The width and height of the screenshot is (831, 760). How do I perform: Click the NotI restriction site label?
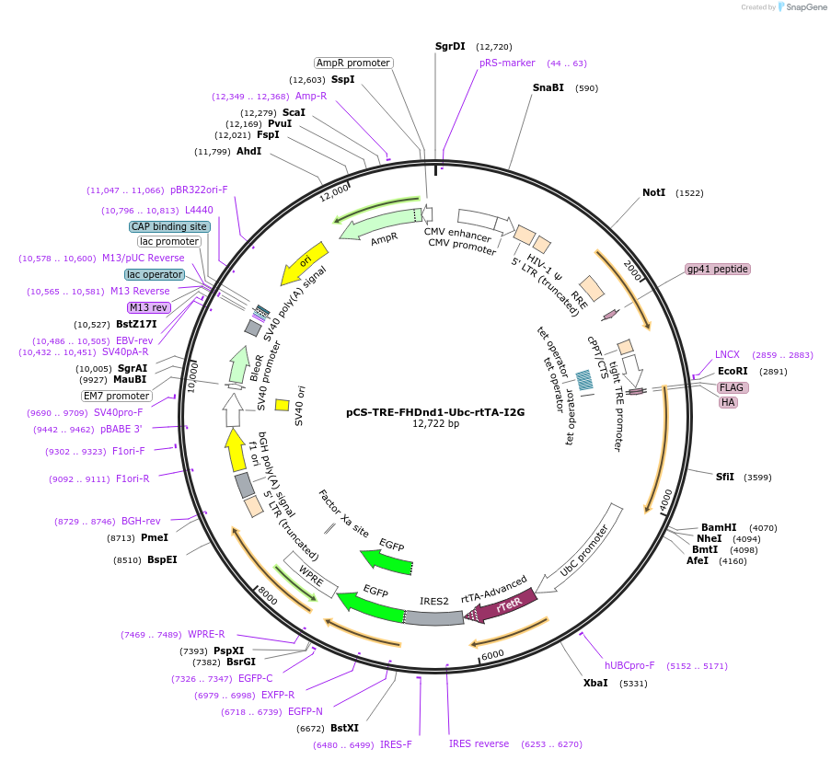click(x=653, y=193)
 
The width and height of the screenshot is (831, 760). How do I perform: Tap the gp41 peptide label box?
click(x=718, y=269)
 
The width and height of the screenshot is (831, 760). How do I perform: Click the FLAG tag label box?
click(x=732, y=387)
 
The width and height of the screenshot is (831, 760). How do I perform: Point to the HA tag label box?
click(x=728, y=402)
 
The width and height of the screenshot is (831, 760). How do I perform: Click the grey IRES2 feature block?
click(x=433, y=616)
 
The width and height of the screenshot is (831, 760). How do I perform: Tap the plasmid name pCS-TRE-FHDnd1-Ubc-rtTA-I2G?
click(x=435, y=412)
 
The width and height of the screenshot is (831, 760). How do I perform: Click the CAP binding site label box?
click(x=169, y=226)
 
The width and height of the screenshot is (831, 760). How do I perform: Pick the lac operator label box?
click(x=155, y=274)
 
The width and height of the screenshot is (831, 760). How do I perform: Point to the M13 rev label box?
click(x=148, y=307)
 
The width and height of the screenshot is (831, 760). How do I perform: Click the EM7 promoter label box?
click(x=117, y=396)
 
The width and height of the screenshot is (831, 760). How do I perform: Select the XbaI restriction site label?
click(x=595, y=684)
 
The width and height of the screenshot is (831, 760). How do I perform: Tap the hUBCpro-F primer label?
click(x=629, y=665)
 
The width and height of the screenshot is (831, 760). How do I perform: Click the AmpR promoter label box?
click(x=353, y=63)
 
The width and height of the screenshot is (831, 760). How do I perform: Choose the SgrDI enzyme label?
click(x=450, y=46)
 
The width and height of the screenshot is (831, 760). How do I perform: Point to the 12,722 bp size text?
click(x=435, y=423)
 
